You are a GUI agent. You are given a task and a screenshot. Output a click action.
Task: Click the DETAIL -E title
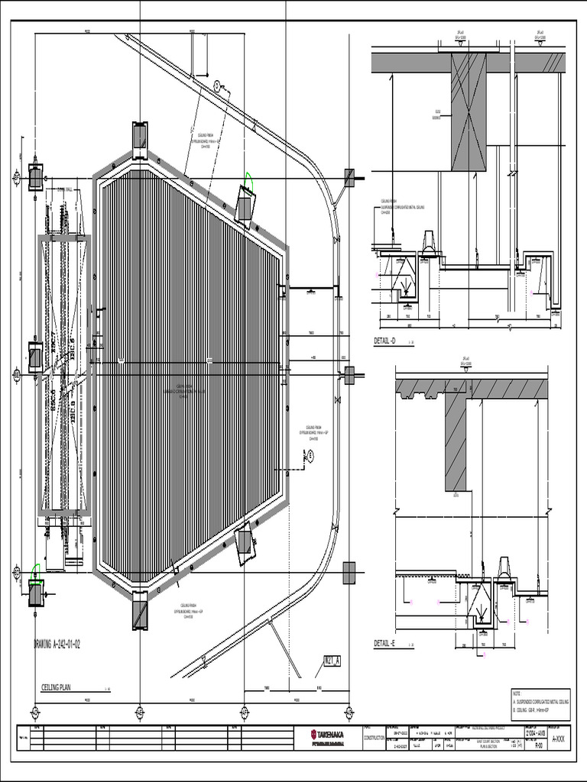click(384, 644)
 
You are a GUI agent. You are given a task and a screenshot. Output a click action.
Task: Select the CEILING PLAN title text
click(61, 687)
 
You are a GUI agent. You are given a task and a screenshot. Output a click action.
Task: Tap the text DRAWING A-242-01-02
click(57, 644)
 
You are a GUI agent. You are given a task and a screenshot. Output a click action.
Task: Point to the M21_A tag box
click(332, 660)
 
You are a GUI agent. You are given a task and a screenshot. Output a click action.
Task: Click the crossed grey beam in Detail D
click(468, 111)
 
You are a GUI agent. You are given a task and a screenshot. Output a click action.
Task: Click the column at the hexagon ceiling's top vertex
click(140, 136)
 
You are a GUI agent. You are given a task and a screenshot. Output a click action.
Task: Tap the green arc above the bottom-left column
click(34, 570)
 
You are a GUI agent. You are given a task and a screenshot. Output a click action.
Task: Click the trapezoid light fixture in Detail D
click(429, 242)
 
